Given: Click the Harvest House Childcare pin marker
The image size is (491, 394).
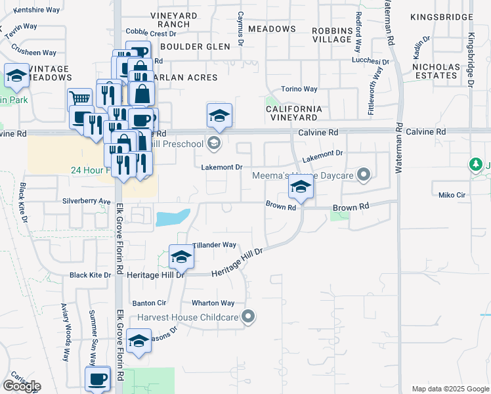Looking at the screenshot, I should coord(247,317).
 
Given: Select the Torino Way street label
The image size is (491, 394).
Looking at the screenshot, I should coord(299,89).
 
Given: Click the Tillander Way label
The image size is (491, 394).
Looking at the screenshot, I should coord(215,245).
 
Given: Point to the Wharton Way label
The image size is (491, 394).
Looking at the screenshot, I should coord(213,303).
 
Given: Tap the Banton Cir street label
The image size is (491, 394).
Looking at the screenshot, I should coord(149,303).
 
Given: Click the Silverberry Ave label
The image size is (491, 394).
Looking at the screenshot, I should coord(87,201).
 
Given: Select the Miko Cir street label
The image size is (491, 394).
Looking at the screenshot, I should coord(452,195).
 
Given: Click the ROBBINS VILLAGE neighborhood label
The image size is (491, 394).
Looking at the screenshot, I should coord(332,35).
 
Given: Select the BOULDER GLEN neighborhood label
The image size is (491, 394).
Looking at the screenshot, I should coord(195,47).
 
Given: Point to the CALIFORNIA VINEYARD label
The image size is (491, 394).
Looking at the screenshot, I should coord(293,113).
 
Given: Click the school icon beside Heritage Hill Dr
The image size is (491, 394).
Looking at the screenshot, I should coord(181,256).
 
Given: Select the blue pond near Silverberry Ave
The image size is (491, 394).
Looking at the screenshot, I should coord(173,217).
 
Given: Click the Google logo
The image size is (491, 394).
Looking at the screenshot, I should coord(21,386).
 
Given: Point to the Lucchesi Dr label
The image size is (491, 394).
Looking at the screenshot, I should coord(370,60).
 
